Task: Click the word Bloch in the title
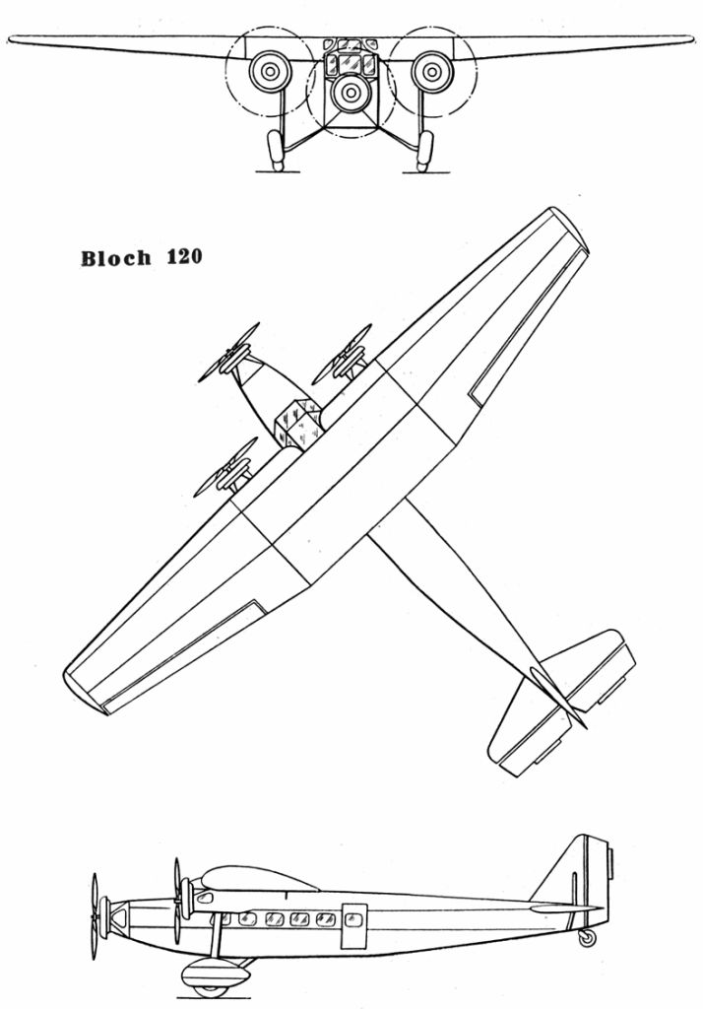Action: [116, 259]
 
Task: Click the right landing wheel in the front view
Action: [425, 150]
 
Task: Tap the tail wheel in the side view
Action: [587, 938]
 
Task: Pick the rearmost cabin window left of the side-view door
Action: [321, 919]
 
